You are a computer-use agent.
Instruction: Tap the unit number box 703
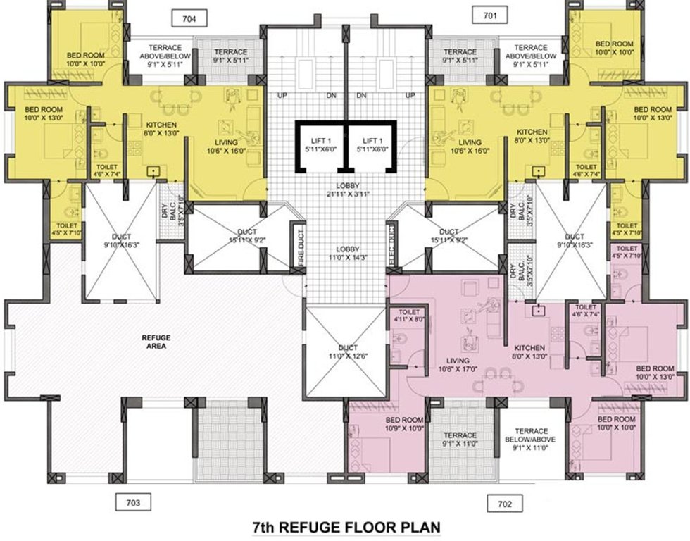[134, 502]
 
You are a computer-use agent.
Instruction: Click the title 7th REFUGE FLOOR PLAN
[345, 527]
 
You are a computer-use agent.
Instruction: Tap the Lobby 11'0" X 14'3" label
[345, 254]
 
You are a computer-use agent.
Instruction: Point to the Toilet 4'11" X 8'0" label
[409, 315]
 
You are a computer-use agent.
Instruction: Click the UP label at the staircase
[282, 95]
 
